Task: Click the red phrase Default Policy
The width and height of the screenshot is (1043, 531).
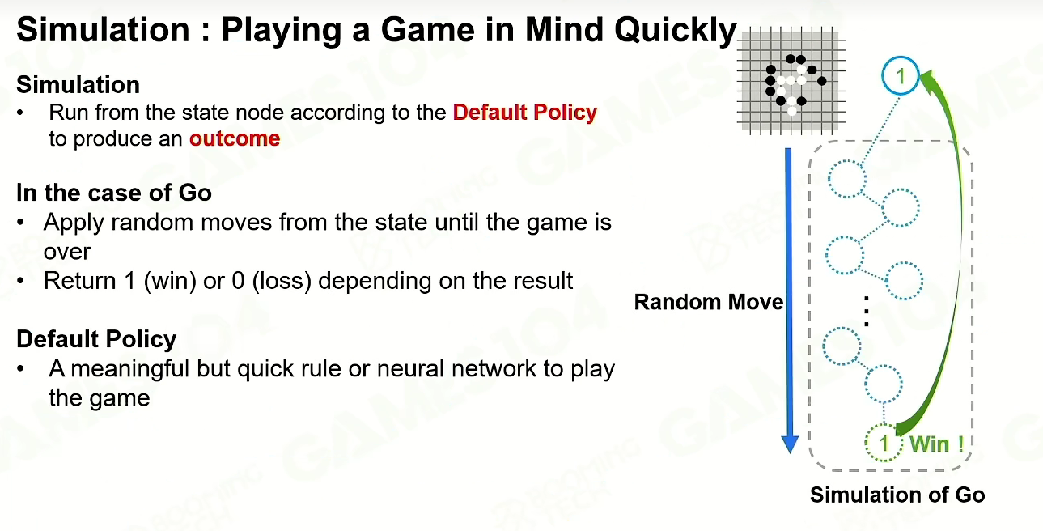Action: [x=525, y=113]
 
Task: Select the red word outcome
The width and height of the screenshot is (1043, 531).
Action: [x=235, y=138]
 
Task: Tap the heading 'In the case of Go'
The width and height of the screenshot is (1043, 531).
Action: [x=114, y=193]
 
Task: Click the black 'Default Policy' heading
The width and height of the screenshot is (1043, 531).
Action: [x=96, y=338]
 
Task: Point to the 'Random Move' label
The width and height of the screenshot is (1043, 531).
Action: [x=709, y=302]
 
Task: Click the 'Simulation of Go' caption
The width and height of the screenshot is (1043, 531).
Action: [x=897, y=495]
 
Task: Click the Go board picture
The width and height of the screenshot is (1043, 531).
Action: [x=791, y=81]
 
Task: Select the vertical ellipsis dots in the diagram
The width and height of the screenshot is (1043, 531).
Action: [x=866, y=311]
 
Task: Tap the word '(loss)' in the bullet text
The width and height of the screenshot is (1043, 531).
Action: [x=282, y=281]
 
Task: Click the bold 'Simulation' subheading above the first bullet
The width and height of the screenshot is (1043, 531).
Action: [x=78, y=85]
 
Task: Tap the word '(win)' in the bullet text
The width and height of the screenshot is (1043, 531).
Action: [x=170, y=281]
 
